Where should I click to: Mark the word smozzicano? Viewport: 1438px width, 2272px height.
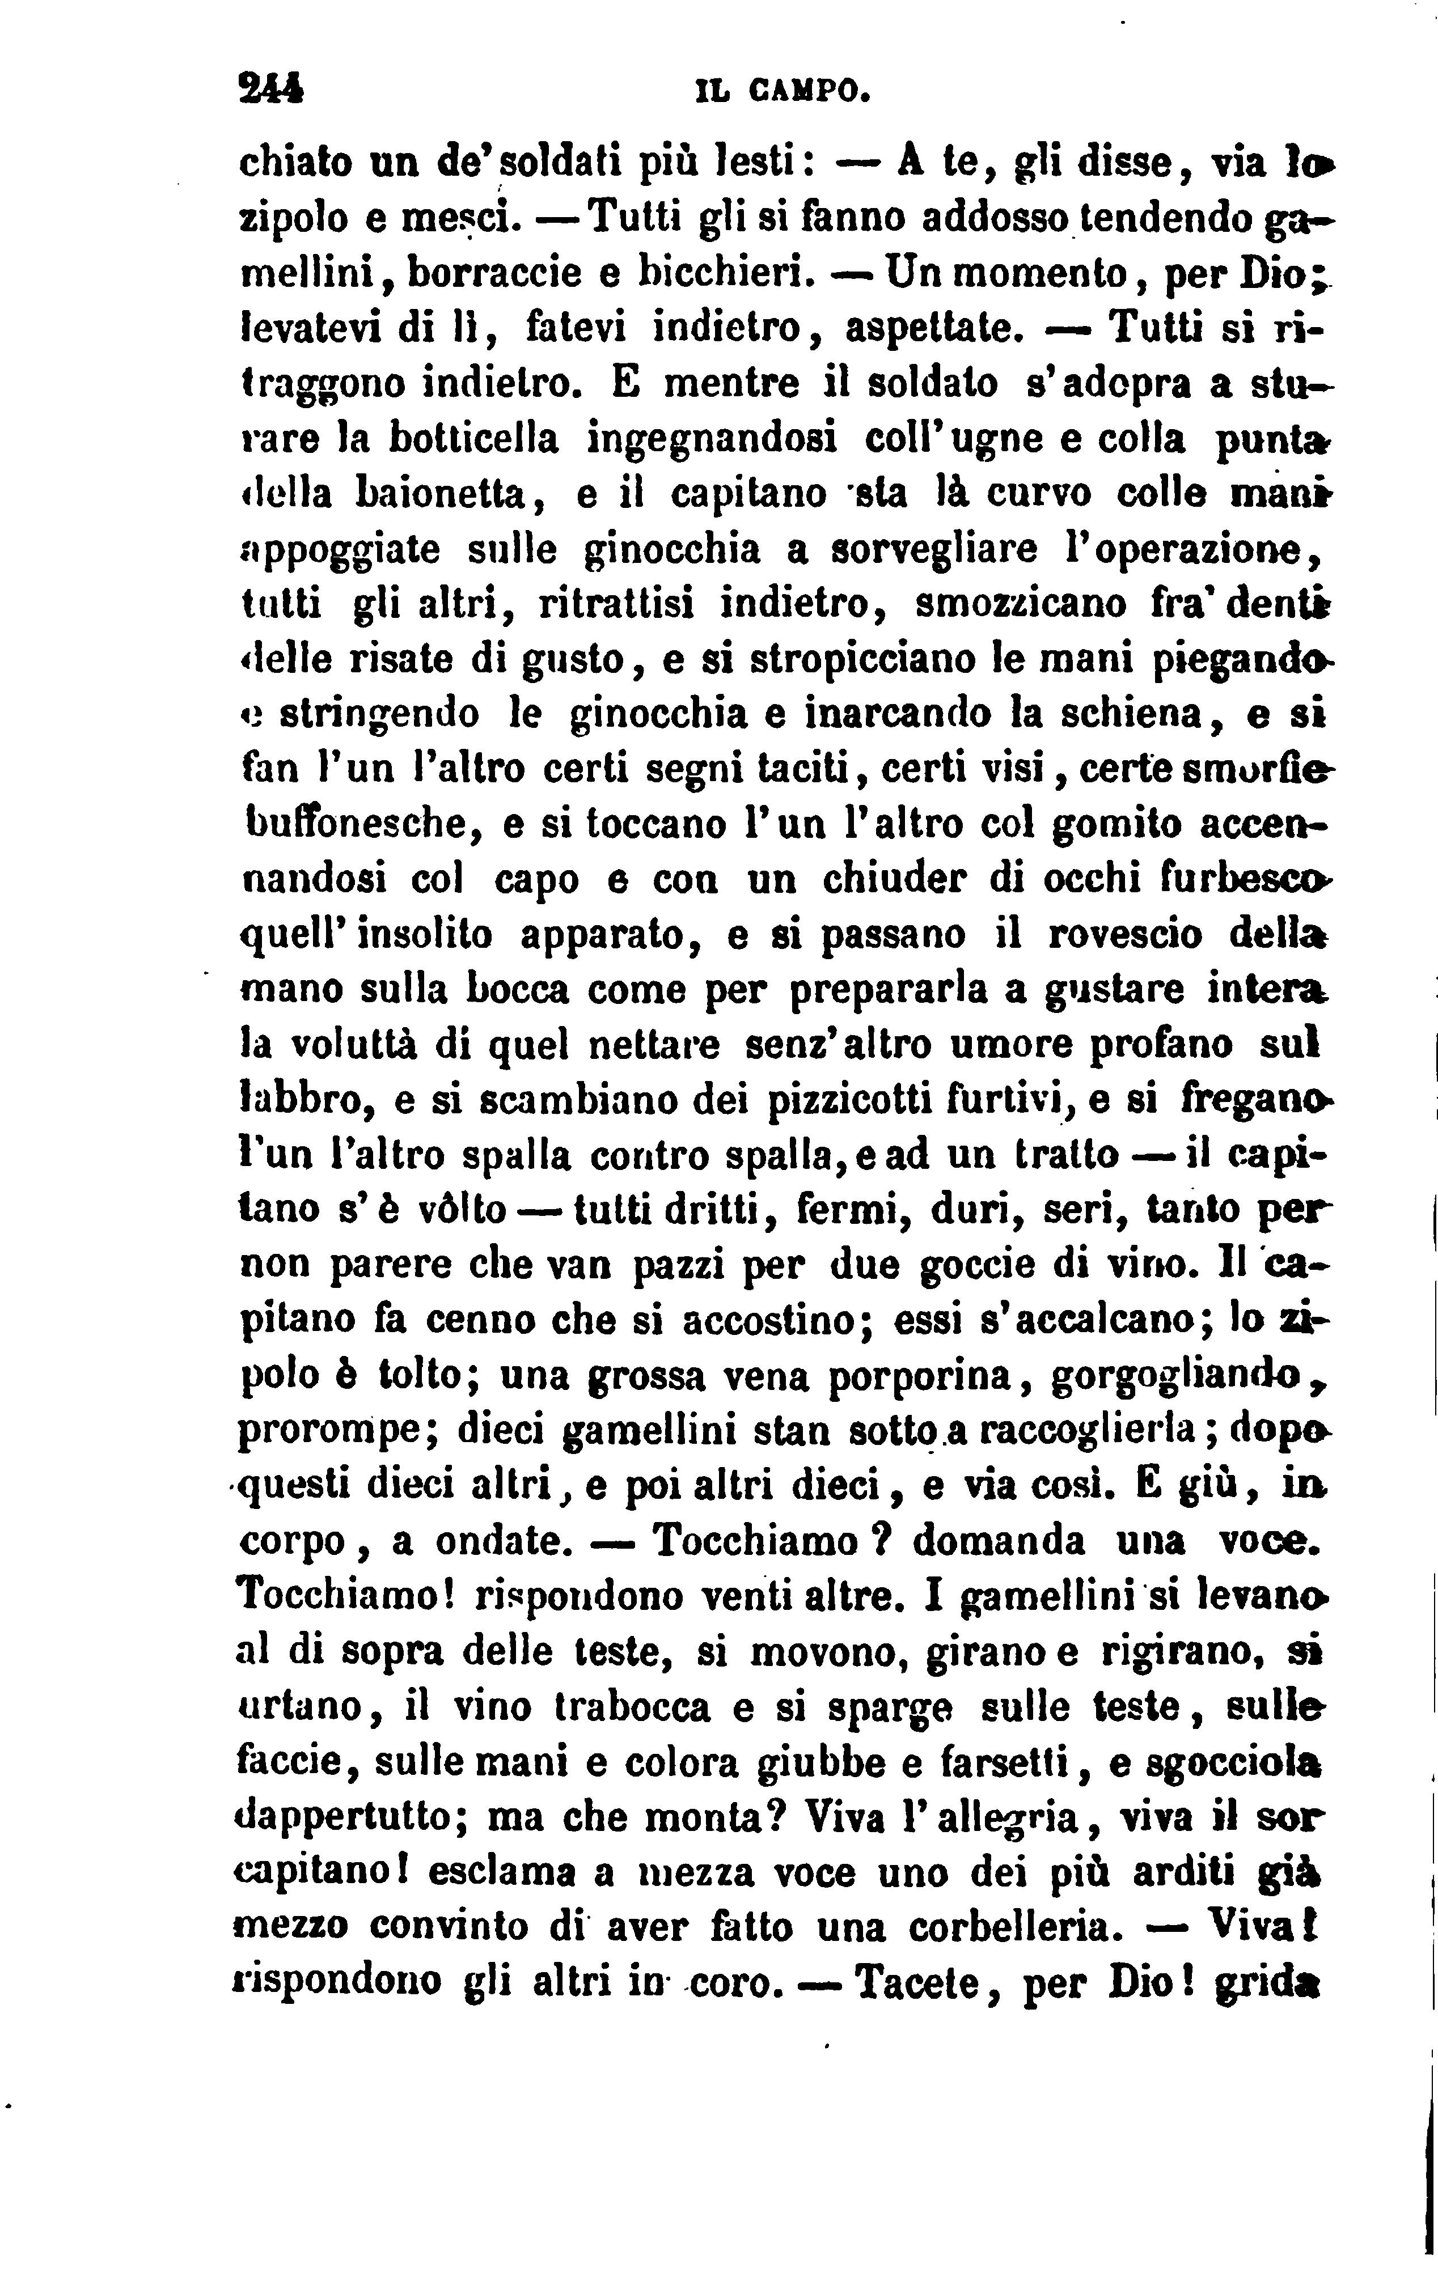pos(1021,603)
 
